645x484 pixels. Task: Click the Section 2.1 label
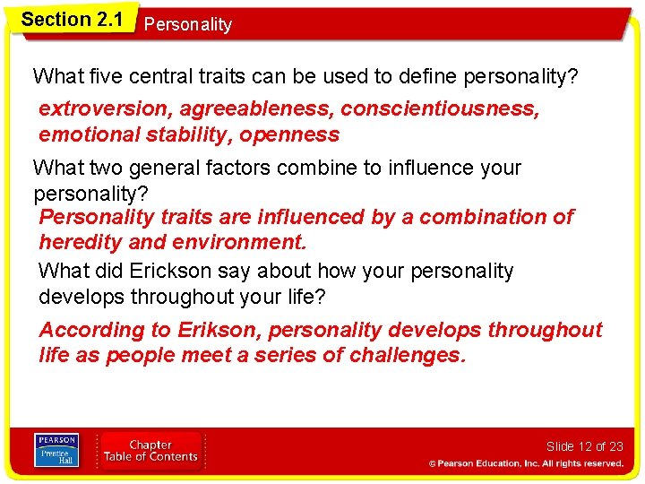point(72,19)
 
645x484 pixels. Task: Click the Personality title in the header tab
point(187,25)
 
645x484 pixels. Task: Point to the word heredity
point(82,242)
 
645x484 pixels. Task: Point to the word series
point(289,356)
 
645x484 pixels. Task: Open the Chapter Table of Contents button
point(150,451)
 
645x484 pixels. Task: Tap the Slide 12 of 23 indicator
point(584,446)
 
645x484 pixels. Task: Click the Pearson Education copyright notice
point(525,463)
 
